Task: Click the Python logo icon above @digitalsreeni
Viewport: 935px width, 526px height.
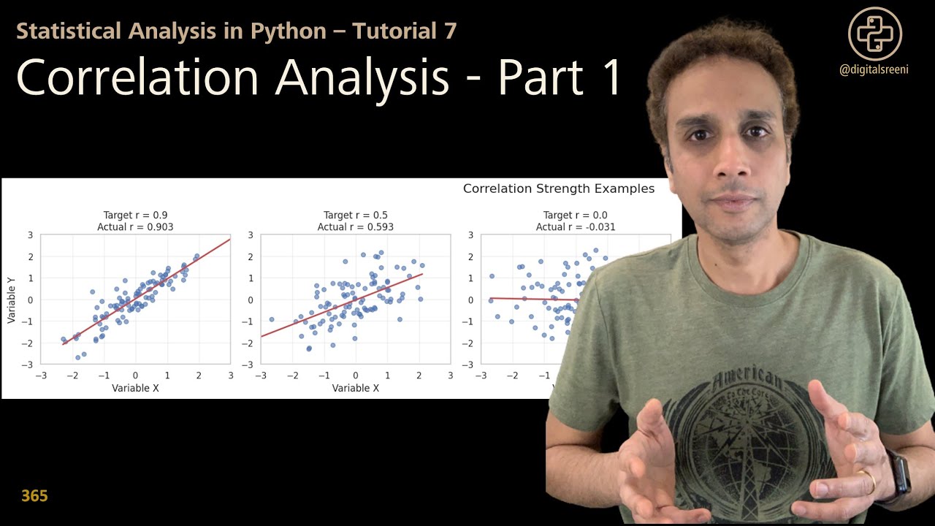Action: [x=875, y=33]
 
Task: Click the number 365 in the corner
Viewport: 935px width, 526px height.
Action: [x=34, y=497]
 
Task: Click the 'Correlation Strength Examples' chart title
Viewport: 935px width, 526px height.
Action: [x=559, y=188]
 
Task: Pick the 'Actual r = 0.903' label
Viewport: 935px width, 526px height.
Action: [x=135, y=227]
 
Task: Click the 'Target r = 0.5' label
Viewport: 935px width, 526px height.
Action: [x=356, y=216]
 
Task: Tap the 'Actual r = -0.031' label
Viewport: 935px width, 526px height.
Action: [x=576, y=227]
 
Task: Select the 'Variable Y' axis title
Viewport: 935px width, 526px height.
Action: [x=12, y=299]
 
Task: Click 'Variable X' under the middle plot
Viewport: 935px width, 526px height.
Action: [x=356, y=388]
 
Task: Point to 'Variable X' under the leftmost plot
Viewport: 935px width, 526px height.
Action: [x=135, y=388]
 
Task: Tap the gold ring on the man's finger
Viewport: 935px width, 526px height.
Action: [x=866, y=481]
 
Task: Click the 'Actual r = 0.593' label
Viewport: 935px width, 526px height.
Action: [x=356, y=227]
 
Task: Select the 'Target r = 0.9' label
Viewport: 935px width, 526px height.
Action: [x=135, y=216]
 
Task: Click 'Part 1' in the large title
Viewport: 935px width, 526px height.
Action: [x=560, y=77]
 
